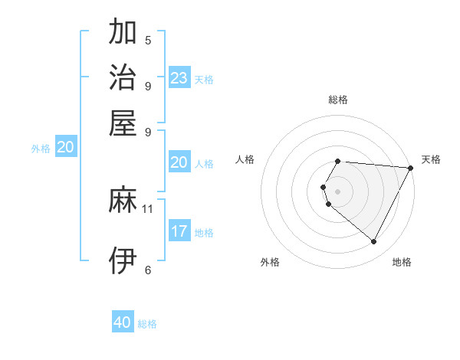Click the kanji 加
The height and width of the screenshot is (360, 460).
(123, 33)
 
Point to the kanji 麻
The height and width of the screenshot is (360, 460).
(123, 201)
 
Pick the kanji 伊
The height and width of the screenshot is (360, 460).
(123, 261)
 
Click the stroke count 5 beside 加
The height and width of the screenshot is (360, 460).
(148, 41)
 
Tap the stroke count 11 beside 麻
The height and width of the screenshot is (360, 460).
(148, 208)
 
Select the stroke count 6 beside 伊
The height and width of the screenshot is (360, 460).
(148, 270)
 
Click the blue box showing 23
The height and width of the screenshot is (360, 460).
(179, 78)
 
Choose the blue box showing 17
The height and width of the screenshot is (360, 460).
(179, 231)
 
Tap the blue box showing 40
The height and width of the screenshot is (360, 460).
(123, 322)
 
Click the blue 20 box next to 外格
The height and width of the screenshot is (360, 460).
(66, 148)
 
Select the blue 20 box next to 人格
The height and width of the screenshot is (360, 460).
(179, 162)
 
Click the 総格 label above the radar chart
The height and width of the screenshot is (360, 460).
(338, 100)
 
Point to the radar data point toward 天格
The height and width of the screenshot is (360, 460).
(411, 168)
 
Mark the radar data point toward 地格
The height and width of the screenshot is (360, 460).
(374, 242)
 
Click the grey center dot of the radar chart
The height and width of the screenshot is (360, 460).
(338, 191)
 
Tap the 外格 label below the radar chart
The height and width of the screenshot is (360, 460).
(271, 263)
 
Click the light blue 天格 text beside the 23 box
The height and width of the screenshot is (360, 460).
(204, 80)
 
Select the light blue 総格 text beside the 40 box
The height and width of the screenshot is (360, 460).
(147, 324)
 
